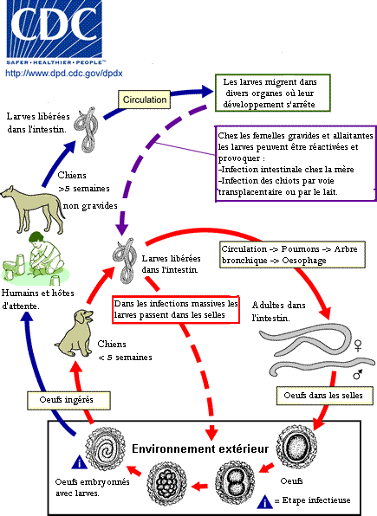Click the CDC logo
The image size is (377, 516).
(55, 32)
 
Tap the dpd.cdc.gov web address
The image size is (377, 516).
(64, 73)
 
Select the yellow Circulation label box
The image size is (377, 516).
(145, 100)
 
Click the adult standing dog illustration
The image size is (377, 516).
(32, 210)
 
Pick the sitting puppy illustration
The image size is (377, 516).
(75, 333)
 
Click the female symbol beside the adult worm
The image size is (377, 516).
(358, 345)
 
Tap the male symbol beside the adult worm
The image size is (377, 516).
(358, 374)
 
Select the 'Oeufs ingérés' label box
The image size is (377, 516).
(68, 400)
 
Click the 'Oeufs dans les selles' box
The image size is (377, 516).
(325, 396)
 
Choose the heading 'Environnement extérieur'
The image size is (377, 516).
(200, 448)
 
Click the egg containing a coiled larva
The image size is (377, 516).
(106, 448)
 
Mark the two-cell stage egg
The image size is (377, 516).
(235, 482)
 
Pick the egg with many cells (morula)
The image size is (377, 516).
(166, 483)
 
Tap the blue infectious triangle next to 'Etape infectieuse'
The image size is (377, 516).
(264, 501)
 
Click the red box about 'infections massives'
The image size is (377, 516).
(176, 309)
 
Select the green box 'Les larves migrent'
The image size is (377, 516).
(272, 94)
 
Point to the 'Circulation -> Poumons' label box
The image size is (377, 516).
(292, 255)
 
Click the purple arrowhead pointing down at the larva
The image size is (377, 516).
(122, 229)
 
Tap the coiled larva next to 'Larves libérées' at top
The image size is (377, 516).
(87, 129)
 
